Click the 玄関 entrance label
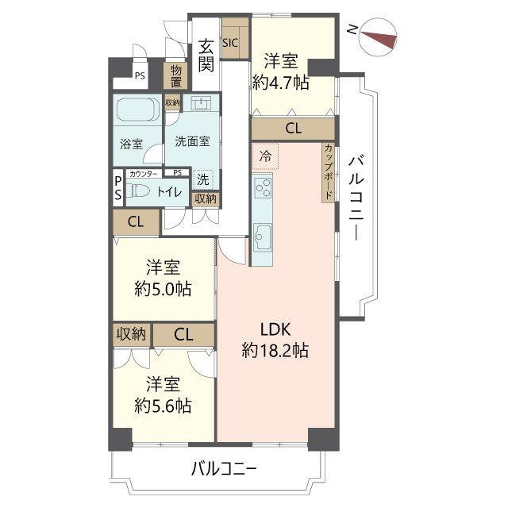(x=206, y=55)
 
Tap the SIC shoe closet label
(x=230, y=43)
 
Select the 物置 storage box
(x=176, y=76)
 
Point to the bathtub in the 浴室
(x=137, y=110)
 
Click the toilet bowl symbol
(x=137, y=190)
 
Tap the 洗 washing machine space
(x=203, y=179)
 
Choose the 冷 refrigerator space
(x=265, y=156)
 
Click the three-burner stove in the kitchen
(x=263, y=187)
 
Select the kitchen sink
(x=263, y=237)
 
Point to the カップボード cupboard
(x=329, y=173)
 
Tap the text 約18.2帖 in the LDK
(x=275, y=350)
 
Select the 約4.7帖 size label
(x=280, y=83)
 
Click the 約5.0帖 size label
(x=163, y=288)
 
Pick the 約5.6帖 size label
(x=163, y=406)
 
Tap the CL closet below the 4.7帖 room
(x=293, y=129)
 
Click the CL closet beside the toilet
(x=136, y=222)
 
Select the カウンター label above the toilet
(x=143, y=174)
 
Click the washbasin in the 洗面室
(x=201, y=103)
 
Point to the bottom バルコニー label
(x=224, y=469)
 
